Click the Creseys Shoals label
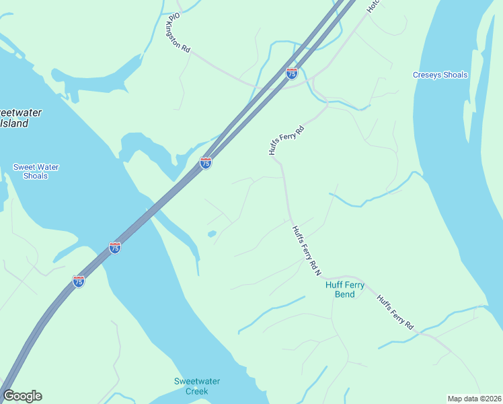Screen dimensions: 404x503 pos(440,75)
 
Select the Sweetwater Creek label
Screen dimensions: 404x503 pos(197,386)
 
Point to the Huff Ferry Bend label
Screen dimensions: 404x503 pos(345,290)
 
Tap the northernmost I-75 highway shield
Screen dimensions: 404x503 pos(292,73)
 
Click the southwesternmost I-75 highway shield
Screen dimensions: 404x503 pos(79,281)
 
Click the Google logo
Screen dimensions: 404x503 pos(22,396)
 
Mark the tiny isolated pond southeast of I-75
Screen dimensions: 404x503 pos(212,234)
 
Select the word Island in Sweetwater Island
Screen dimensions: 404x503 pos(14,123)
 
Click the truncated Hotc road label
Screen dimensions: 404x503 pos(374,6)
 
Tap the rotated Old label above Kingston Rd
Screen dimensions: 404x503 pos(175,15)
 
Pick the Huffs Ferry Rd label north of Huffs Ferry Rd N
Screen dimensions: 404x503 pos(286,140)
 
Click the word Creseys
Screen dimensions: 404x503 pos(427,75)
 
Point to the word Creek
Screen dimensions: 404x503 pos(197,391)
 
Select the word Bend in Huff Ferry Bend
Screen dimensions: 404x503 pos(345,294)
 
